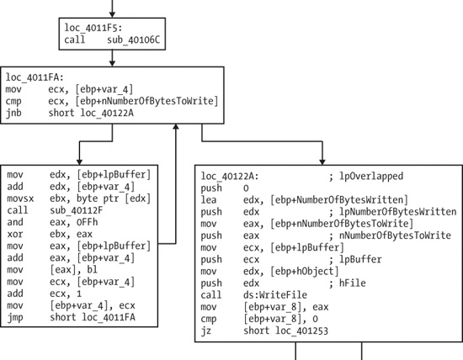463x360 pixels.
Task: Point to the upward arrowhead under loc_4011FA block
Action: pos(175,127)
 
